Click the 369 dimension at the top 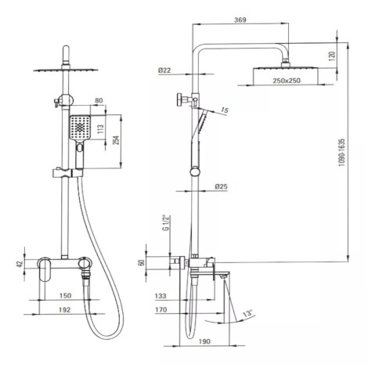(240, 20)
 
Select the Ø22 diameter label (164, 70)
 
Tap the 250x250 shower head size (287, 81)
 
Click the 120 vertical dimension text (332, 56)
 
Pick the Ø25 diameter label (222, 186)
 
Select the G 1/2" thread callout (165, 223)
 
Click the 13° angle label (248, 313)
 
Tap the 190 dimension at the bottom (204, 341)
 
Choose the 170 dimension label (161, 310)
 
